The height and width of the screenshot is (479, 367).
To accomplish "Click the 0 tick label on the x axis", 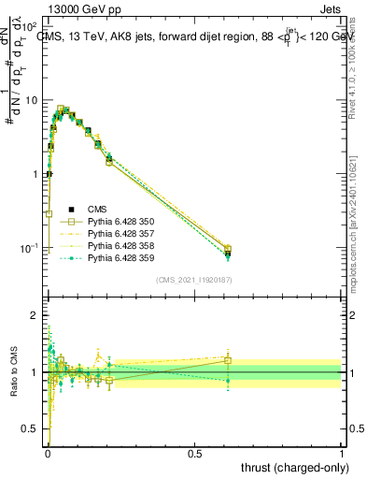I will coord(47,454).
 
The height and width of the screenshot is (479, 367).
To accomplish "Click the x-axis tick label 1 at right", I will coord(342,454).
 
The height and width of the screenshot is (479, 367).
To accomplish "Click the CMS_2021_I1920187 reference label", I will coord(193,279).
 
